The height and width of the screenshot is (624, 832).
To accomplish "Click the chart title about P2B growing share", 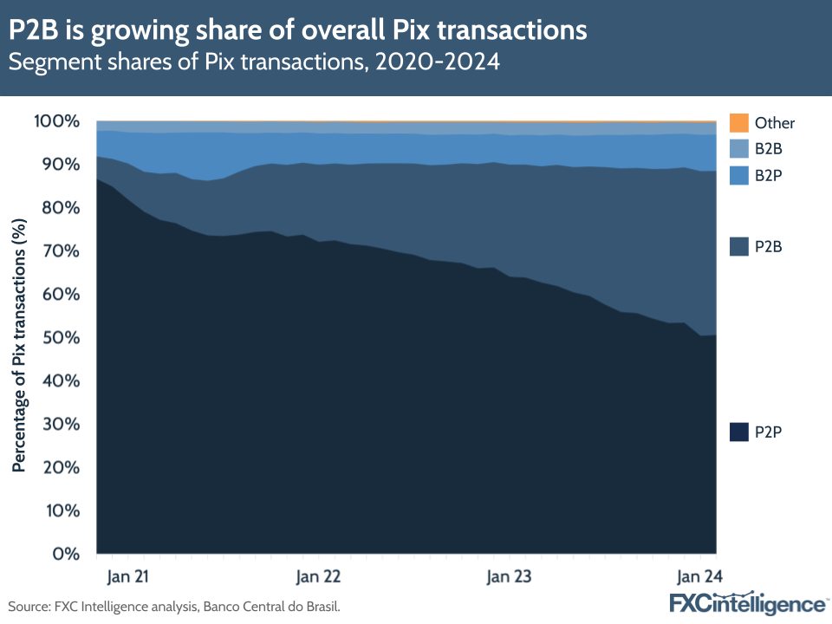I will (298, 31).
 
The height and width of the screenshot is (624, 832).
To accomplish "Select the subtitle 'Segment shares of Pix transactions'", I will (255, 63).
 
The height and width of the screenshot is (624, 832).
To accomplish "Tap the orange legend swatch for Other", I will (738, 122).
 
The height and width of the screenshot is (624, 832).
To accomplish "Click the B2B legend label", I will (769, 149).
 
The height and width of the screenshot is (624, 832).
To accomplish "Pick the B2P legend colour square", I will (738, 175).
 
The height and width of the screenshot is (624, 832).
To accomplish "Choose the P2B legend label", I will (769, 247).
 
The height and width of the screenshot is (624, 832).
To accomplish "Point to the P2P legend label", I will (769, 431).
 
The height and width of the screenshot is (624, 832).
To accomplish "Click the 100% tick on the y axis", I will (57, 121).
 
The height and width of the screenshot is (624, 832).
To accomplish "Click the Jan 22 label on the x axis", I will (318, 576).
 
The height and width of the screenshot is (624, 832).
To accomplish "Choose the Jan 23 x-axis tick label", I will (509, 576).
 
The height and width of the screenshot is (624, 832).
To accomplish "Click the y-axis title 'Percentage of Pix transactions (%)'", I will (18, 343).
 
